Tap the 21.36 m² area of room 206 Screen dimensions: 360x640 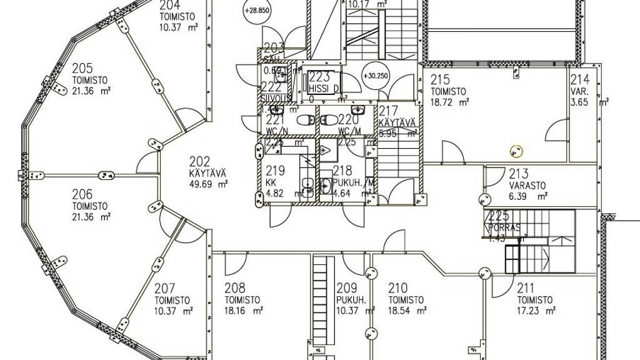tap(91, 217)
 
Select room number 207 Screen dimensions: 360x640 tap(165, 289)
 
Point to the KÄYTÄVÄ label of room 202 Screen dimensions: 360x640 tap(207, 173)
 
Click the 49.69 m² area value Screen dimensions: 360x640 tap(208, 184)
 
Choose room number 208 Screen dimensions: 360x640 tap(235, 289)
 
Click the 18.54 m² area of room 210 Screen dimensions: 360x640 tap(407, 310)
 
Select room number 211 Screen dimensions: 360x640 tap(526, 289)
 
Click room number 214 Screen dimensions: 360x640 tap(579, 79)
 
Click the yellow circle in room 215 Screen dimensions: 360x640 tap(516, 151)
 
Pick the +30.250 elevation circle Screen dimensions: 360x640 tap(374, 76)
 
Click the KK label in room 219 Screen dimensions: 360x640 tap(271, 182)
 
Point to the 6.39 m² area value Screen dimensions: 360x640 tap(528, 196)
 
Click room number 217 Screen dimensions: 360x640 tap(389, 111)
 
